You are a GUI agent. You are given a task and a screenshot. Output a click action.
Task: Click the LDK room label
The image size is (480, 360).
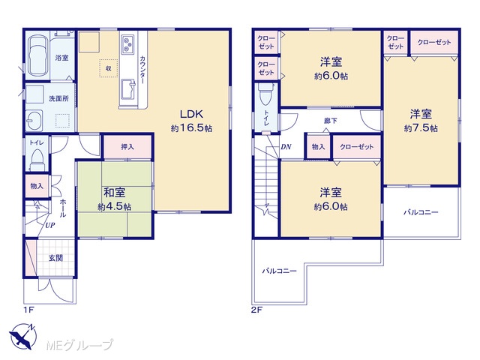click(191, 114)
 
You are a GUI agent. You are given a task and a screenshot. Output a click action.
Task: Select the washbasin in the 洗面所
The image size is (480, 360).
click(34, 120)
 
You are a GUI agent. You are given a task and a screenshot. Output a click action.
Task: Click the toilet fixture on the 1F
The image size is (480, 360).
click(37, 160)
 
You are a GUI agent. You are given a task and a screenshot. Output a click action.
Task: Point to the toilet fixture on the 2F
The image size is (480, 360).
click(265, 94)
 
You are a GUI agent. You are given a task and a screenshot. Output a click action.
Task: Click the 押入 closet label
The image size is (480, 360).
click(127, 147)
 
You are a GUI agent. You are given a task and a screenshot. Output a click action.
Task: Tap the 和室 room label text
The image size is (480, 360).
click(115, 193)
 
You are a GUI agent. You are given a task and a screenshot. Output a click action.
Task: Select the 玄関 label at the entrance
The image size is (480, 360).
click(55, 258)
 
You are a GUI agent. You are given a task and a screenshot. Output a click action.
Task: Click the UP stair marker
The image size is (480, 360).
click(50, 225)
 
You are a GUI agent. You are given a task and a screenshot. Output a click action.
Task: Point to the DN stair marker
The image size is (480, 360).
click(286, 147)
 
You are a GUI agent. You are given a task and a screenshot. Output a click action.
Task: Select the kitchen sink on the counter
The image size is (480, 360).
click(128, 89)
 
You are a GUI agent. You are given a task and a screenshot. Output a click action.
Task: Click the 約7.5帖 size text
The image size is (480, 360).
click(421, 128)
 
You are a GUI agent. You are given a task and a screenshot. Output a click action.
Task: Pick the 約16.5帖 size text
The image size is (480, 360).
click(191, 128)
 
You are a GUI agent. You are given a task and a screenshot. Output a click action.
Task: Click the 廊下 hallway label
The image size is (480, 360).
click(331, 121)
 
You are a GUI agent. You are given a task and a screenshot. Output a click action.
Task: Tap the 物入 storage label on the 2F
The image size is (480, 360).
click(318, 147)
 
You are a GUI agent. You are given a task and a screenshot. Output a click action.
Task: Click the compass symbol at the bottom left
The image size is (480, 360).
click(22, 335)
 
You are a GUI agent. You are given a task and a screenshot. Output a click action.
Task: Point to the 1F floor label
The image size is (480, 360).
click(28, 310)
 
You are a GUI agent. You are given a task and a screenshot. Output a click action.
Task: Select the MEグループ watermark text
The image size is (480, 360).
click(79, 345)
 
